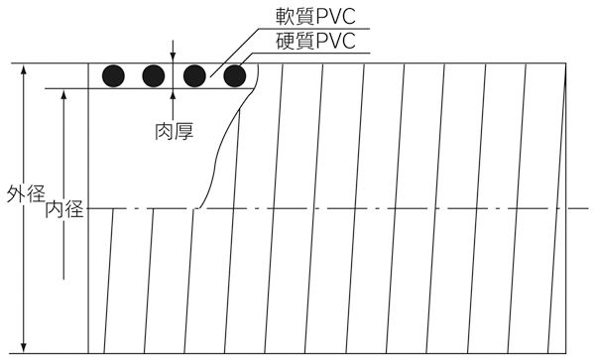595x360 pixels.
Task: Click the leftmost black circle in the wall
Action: (x=113, y=75)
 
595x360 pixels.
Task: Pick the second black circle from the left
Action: (x=153, y=75)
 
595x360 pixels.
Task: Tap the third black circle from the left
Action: (x=194, y=75)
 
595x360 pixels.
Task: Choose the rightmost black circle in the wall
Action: (x=235, y=75)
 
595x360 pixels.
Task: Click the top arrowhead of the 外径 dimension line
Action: (x=24, y=68)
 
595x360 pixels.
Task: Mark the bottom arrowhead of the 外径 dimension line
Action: (x=24, y=348)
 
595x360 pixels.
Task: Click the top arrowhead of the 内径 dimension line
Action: (x=64, y=93)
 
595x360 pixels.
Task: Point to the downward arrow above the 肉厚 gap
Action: (x=174, y=57)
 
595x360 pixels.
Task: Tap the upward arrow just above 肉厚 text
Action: (x=174, y=94)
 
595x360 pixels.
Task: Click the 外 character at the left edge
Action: (x=12, y=192)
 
